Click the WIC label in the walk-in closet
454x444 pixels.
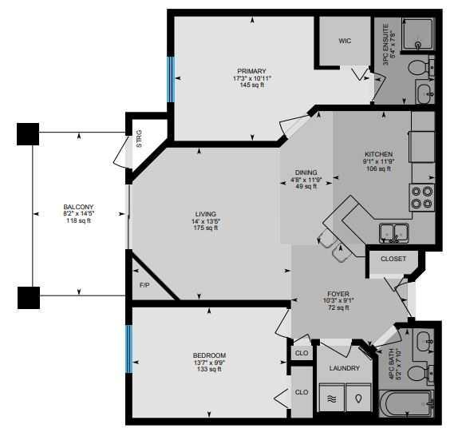[345, 40]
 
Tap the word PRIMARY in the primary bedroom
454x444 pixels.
[251, 71]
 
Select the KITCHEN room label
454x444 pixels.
[377, 154]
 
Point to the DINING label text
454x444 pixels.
[305, 172]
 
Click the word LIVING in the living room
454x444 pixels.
[206, 214]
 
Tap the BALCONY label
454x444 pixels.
[77, 207]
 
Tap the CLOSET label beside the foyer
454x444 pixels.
[393, 259]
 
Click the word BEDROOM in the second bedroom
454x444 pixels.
[209, 355]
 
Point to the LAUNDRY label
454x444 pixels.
[345, 368]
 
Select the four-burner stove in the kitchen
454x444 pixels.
[421, 196]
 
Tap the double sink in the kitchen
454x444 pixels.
[394, 232]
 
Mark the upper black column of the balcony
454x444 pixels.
[29, 133]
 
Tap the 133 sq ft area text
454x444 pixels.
[209, 370]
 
